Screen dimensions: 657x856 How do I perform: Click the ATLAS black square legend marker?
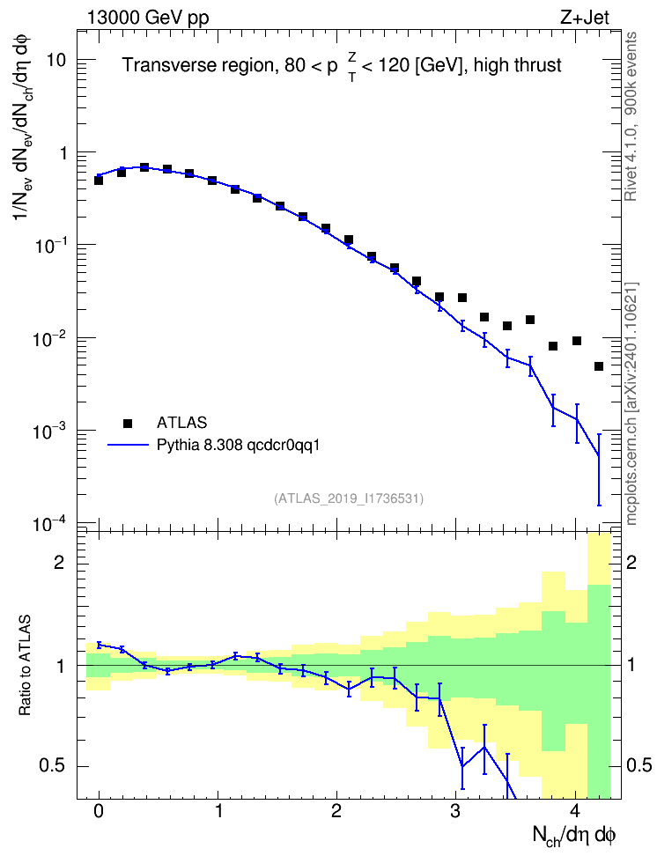click(x=128, y=423)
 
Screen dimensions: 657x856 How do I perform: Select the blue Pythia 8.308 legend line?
click(x=128, y=446)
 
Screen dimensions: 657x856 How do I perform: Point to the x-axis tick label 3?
click(x=455, y=811)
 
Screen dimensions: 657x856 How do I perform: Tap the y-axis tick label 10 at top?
click(x=56, y=60)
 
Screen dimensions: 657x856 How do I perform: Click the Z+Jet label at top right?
click(x=585, y=18)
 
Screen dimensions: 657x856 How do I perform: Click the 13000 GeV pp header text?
click(x=147, y=18)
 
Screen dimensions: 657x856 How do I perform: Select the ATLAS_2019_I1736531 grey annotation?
click(x=349, y=498)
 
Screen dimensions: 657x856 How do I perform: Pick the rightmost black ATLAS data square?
click(x=599, y=366)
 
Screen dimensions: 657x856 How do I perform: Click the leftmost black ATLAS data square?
click(x=99, y=181)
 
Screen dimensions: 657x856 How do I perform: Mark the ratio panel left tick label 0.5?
click(x=52, y=766)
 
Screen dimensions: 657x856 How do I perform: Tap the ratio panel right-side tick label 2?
click(x=631, y=562)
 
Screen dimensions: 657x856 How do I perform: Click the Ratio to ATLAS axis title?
click(x=25, y=665)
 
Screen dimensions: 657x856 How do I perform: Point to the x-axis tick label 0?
click(x=99, y=811)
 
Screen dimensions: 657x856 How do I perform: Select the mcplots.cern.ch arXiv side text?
click(x=631, y=404)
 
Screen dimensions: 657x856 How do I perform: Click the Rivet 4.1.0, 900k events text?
click(x=631, y=116)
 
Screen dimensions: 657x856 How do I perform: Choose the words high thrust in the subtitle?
click(x=518, y=65)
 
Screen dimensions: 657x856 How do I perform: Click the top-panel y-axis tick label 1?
click(x=63, y=153)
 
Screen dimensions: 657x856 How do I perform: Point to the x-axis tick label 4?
click(x=575, y=811)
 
